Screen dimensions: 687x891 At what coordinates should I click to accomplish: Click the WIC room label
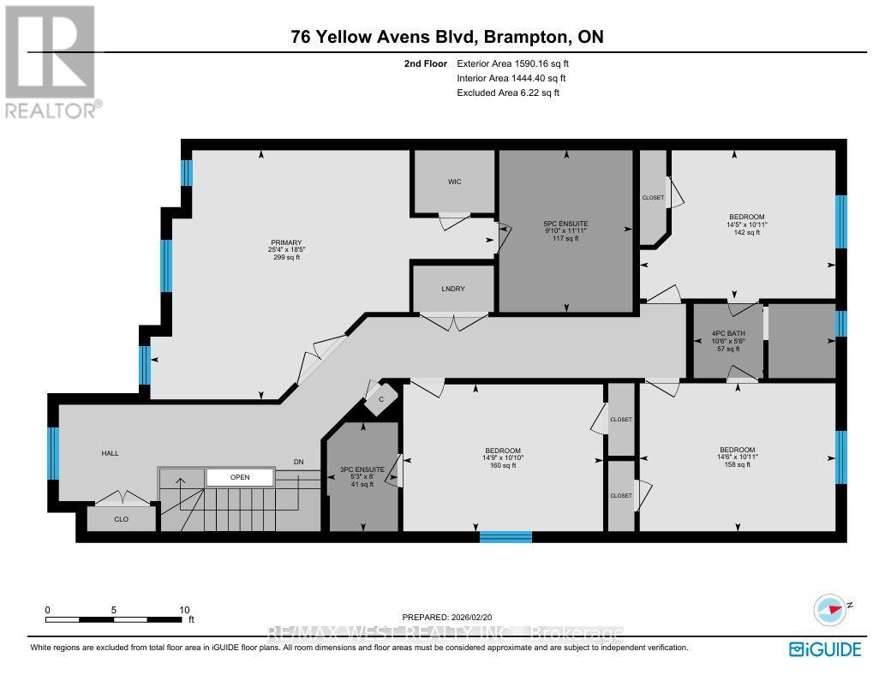[x=454, y=182]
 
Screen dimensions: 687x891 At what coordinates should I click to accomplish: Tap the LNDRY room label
[x=454, y=289]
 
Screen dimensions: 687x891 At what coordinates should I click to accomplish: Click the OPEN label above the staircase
[x=239, y=476]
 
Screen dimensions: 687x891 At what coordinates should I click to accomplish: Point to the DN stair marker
[x=299, y=463]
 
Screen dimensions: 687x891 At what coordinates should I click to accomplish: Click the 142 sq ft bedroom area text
[x=747, y=232]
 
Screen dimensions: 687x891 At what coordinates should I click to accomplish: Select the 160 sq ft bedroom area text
[x=503, y=466]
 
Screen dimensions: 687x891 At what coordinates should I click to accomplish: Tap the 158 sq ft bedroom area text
[x=737, y=465]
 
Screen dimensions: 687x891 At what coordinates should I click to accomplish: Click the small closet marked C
[x=380, y=398]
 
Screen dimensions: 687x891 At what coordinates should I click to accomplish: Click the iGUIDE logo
[x=824, y=649]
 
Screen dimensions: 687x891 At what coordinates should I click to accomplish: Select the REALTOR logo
[x=51, y=60]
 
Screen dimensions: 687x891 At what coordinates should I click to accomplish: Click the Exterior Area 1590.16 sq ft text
[x=513, y=63]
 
